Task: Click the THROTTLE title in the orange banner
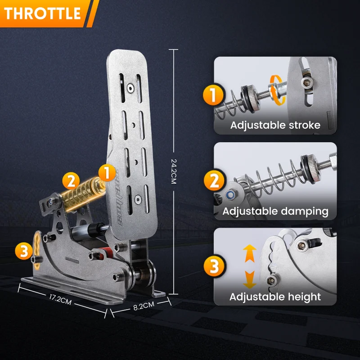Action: (x=42, y=13)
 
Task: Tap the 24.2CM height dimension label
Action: (x=174, y=171)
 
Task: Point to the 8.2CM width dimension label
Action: (x=144, y=306)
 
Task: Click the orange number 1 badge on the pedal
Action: (x=107, y=173)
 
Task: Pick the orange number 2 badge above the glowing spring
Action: (x=71, y=181)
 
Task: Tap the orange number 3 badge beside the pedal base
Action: (x=24, y=251)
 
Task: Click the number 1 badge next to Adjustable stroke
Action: (x=213, y=95)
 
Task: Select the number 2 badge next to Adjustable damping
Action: (x=214, y=180)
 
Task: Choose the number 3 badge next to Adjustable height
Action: (x=214, y=266)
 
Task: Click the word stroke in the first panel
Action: (x=305, y=125)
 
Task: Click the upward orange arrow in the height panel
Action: (x=250, y=253)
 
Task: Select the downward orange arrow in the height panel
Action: (x=250, y=279)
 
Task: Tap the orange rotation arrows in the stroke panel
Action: (x=278, y=90)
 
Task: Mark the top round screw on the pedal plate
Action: (x=130, y=88)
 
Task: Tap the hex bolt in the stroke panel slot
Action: (x=307, y=82)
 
